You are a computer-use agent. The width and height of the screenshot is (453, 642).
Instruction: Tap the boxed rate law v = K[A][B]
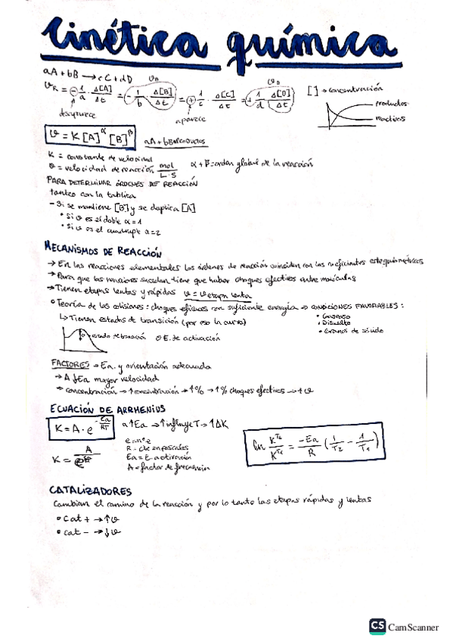[88, 138]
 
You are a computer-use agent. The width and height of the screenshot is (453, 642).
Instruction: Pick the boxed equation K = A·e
[79, 429]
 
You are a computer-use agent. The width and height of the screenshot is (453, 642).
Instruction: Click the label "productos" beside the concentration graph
[390, 103]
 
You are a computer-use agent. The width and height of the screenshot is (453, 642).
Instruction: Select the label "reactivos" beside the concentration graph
[389, 118]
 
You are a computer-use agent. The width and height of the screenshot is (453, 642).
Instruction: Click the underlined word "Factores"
[70, 364]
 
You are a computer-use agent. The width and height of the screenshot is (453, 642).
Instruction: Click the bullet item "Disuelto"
[337, 323]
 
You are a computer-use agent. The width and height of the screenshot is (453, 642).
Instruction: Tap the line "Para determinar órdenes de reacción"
[121, 183]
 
